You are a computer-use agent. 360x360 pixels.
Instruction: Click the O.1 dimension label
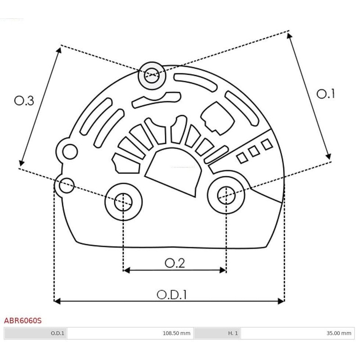(x=325, y=94)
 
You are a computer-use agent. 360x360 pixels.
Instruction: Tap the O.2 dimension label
(x=175, y=263)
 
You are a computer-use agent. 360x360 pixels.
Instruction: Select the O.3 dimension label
(x=24, y=101)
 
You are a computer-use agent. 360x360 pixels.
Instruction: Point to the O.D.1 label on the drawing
(x=172, y=295)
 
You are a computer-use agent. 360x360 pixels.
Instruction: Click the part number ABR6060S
(x=23, y=320)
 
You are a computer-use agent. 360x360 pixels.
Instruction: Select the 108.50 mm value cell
(x=176, y=333)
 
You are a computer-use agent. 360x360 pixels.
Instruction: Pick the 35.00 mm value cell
(x=339, y=333)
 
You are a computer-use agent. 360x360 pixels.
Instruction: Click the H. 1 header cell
(x=233, y=333)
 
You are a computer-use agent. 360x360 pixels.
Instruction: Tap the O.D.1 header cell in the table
(x=58, y=333)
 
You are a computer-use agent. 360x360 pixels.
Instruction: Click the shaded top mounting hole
(x=152, y=76)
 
